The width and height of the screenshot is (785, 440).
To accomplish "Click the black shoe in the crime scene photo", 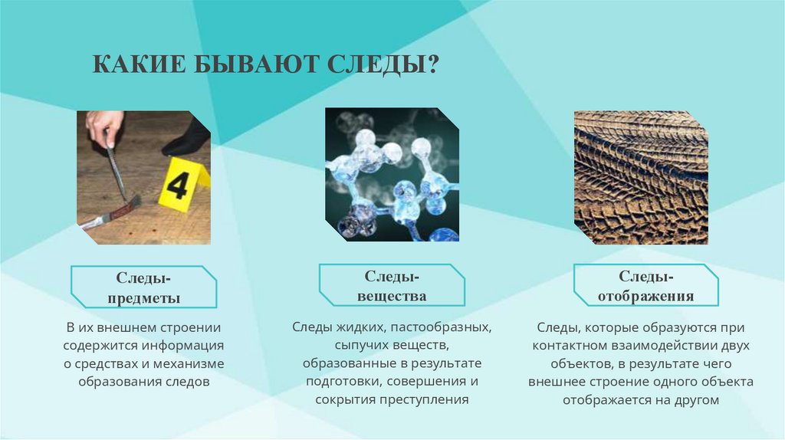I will (x=187, y=140).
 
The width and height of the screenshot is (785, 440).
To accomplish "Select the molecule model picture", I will (x=392, y=175).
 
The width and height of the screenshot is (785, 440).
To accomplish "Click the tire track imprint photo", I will (x=641, y=178).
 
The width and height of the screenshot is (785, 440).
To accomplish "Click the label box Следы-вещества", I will (x=391, y=285).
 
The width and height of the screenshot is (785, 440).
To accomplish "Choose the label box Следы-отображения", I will (x=646, y=285).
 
